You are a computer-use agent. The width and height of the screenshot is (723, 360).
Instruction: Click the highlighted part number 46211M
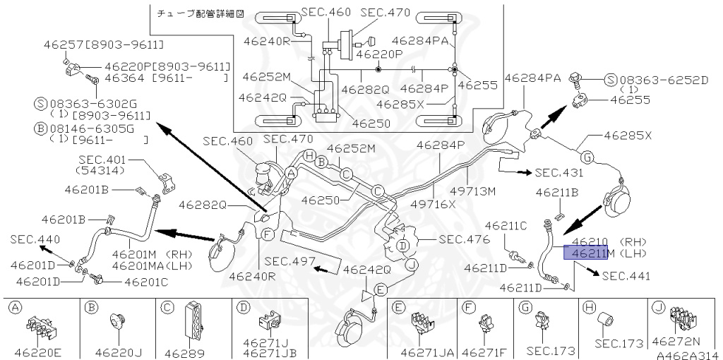pos(585,253)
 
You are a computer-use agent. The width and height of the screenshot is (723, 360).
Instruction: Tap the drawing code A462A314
pos(684,354)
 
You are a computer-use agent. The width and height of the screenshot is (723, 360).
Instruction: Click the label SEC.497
pos(289,260)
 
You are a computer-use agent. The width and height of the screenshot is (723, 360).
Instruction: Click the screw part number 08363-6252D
pos(663,80)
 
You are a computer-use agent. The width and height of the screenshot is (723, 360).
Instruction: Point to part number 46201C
pos(147,282)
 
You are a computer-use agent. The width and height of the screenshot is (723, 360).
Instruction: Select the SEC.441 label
pos(627,276)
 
